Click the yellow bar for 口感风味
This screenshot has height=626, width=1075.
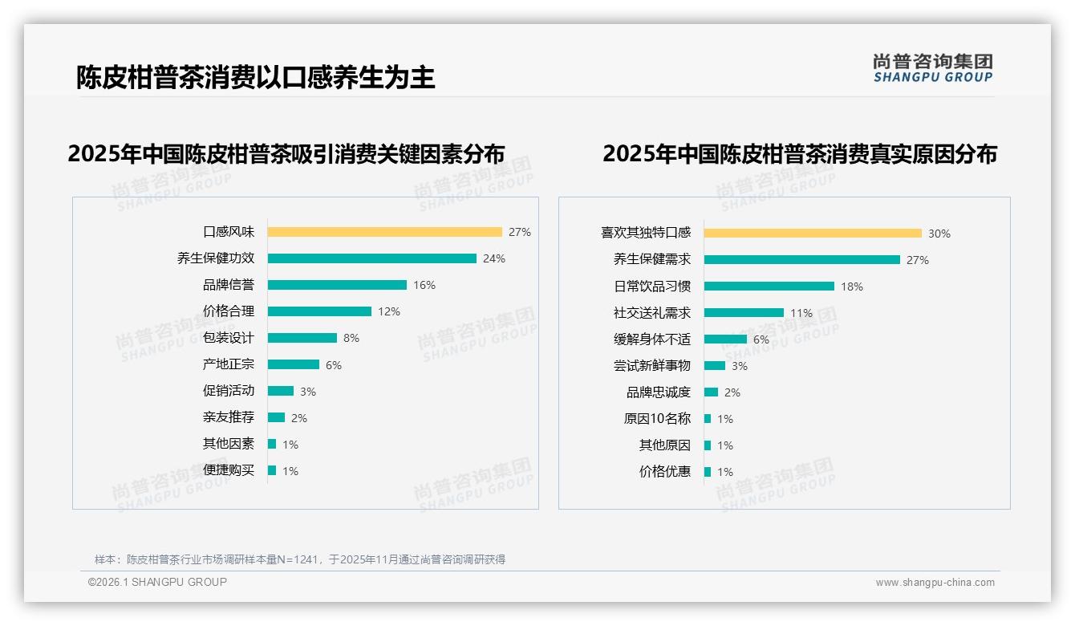coord(384,232)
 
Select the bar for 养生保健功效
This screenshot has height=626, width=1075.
coord(371,258)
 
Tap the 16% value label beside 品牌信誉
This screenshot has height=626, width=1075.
coord(424,285)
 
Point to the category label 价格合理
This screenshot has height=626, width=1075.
coord(229,311)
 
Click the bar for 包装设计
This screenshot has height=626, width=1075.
coord(302,338)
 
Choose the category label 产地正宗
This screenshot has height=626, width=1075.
coord(229,364)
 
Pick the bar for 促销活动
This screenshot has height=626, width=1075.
coord(280,391)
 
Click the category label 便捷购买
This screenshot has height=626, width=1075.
coord(229,470)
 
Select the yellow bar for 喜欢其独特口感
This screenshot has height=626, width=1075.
coord(813,234)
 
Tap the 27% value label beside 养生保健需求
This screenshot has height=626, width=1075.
coord(918,260)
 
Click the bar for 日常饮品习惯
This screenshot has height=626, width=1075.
coord(769,287)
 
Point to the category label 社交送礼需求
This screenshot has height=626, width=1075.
coord(651,313)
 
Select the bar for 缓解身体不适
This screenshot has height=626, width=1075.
coord(725,339)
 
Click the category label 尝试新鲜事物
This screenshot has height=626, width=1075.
coord(651,366)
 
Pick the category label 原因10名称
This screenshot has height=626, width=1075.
coord(657,419)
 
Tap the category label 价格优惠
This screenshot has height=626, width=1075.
coord(664,472)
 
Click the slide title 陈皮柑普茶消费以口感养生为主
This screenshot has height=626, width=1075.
coord(255,77)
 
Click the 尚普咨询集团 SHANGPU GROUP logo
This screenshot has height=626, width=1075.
coord(932,68)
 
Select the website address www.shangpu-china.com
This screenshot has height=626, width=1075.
coord(935,583)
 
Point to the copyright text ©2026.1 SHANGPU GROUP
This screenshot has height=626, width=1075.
coord(157,582)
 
